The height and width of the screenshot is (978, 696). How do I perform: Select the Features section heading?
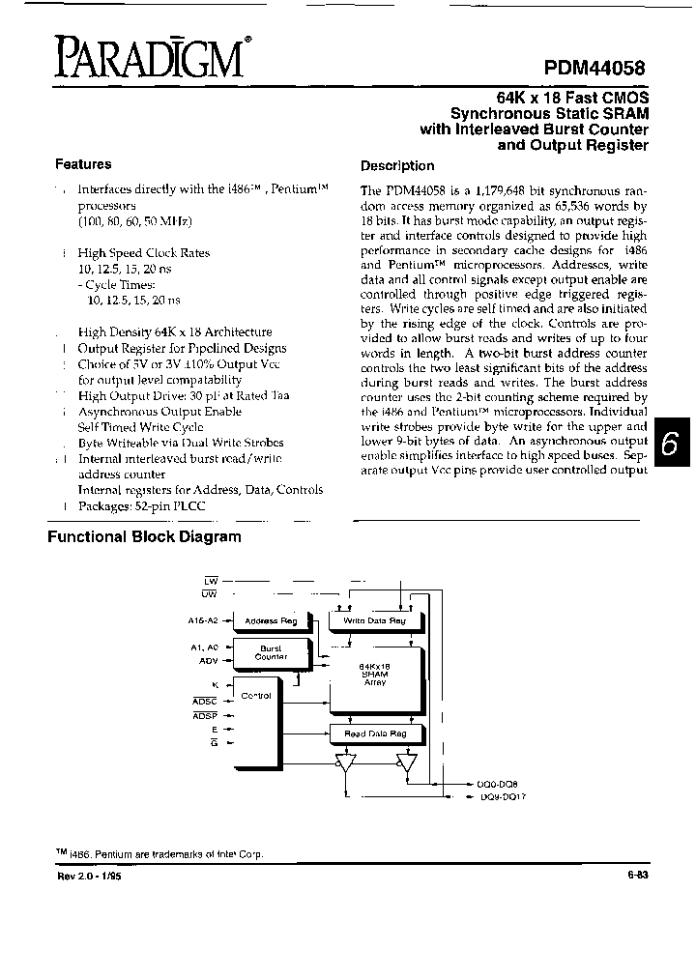click(83, 164)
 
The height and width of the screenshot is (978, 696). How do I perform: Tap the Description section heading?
click(397, 165)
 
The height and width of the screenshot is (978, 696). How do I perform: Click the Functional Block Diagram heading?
click(145, 536)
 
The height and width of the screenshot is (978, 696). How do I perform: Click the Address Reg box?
click(272, 621)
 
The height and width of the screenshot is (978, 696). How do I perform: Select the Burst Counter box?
click(271, 652)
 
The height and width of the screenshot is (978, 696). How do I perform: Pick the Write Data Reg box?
click(375, 621)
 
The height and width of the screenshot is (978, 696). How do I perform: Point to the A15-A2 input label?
click(205, 620)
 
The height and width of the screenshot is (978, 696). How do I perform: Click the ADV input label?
click(209, 661)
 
